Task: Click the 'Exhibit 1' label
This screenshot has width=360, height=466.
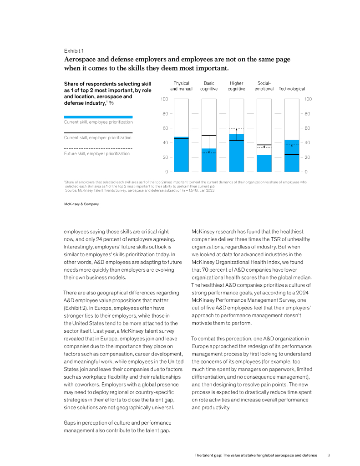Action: (73, 51)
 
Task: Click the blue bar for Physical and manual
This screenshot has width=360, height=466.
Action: (181, 155)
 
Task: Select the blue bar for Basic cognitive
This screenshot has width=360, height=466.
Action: (209, 160)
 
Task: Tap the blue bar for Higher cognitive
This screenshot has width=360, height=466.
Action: (237, 153)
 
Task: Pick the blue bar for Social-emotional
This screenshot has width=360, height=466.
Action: (264, 163)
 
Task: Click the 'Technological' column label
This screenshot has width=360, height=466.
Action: (292, 89)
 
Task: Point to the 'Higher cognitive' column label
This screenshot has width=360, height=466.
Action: (237, 86)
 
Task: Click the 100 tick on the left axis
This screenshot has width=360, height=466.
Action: (164, 99)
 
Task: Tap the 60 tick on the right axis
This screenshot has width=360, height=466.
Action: (308, 128)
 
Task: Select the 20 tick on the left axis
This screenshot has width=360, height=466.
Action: (165, 157)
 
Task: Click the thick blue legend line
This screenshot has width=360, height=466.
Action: (98, 117)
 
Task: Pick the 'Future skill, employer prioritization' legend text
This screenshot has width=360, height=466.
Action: (96, 153)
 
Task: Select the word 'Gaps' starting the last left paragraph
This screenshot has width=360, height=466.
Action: (70, 423)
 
